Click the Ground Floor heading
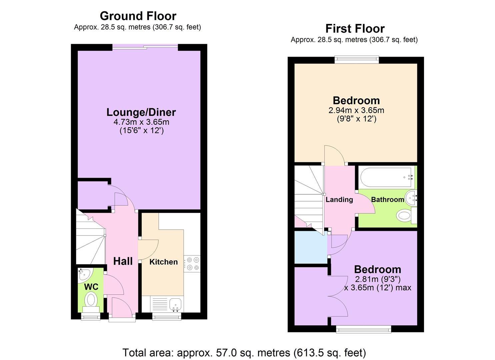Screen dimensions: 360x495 (x=138, y=16)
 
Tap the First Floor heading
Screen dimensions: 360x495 (x=355, y=28)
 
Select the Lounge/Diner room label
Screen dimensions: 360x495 (x=141, y=112)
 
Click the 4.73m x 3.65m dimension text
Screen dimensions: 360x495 (x=141, y=122)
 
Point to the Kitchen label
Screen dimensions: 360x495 (x=163, y=262)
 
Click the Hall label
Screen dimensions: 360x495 (x=123, y=261)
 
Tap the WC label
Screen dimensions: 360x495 (x=91, y=287)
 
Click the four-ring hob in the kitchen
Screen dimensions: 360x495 (x=192, y=263)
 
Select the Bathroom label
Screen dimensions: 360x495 (x=387, y=200)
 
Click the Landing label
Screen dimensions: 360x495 (x=339, y=200)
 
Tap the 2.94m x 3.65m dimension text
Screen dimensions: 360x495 (x=356, y=110)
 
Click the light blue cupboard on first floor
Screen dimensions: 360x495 (x=310, y=247)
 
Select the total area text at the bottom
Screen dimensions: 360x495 (x=244, y=352)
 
